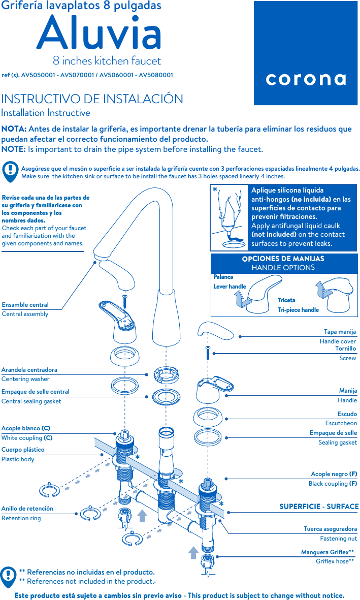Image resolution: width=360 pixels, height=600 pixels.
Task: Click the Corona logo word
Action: [x=306, y=79]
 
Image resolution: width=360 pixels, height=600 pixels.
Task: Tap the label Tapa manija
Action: [x=340, y=332]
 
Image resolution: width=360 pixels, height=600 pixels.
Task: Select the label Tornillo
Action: [x=345, y=349]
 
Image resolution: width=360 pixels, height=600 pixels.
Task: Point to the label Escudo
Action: [x=347, y=414]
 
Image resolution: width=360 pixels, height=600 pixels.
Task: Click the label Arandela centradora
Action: [x=29, y=370]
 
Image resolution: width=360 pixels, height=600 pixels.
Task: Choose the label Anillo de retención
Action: [x=27, y=509]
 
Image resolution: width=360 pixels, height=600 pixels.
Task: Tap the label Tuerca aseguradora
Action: [x=330, y=529]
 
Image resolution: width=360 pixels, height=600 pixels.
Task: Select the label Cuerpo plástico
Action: [x=23, y=450]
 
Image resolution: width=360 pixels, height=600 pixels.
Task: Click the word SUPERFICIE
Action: [x=300, y=507]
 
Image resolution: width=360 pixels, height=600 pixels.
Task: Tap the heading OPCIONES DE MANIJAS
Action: [x=283, y=259]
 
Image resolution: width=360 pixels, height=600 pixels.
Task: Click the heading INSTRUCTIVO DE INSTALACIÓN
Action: [x=92, y=99]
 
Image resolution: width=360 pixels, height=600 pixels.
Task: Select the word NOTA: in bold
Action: [x=14, y=129]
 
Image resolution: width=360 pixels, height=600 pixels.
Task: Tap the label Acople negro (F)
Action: [x=334, y=474]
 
